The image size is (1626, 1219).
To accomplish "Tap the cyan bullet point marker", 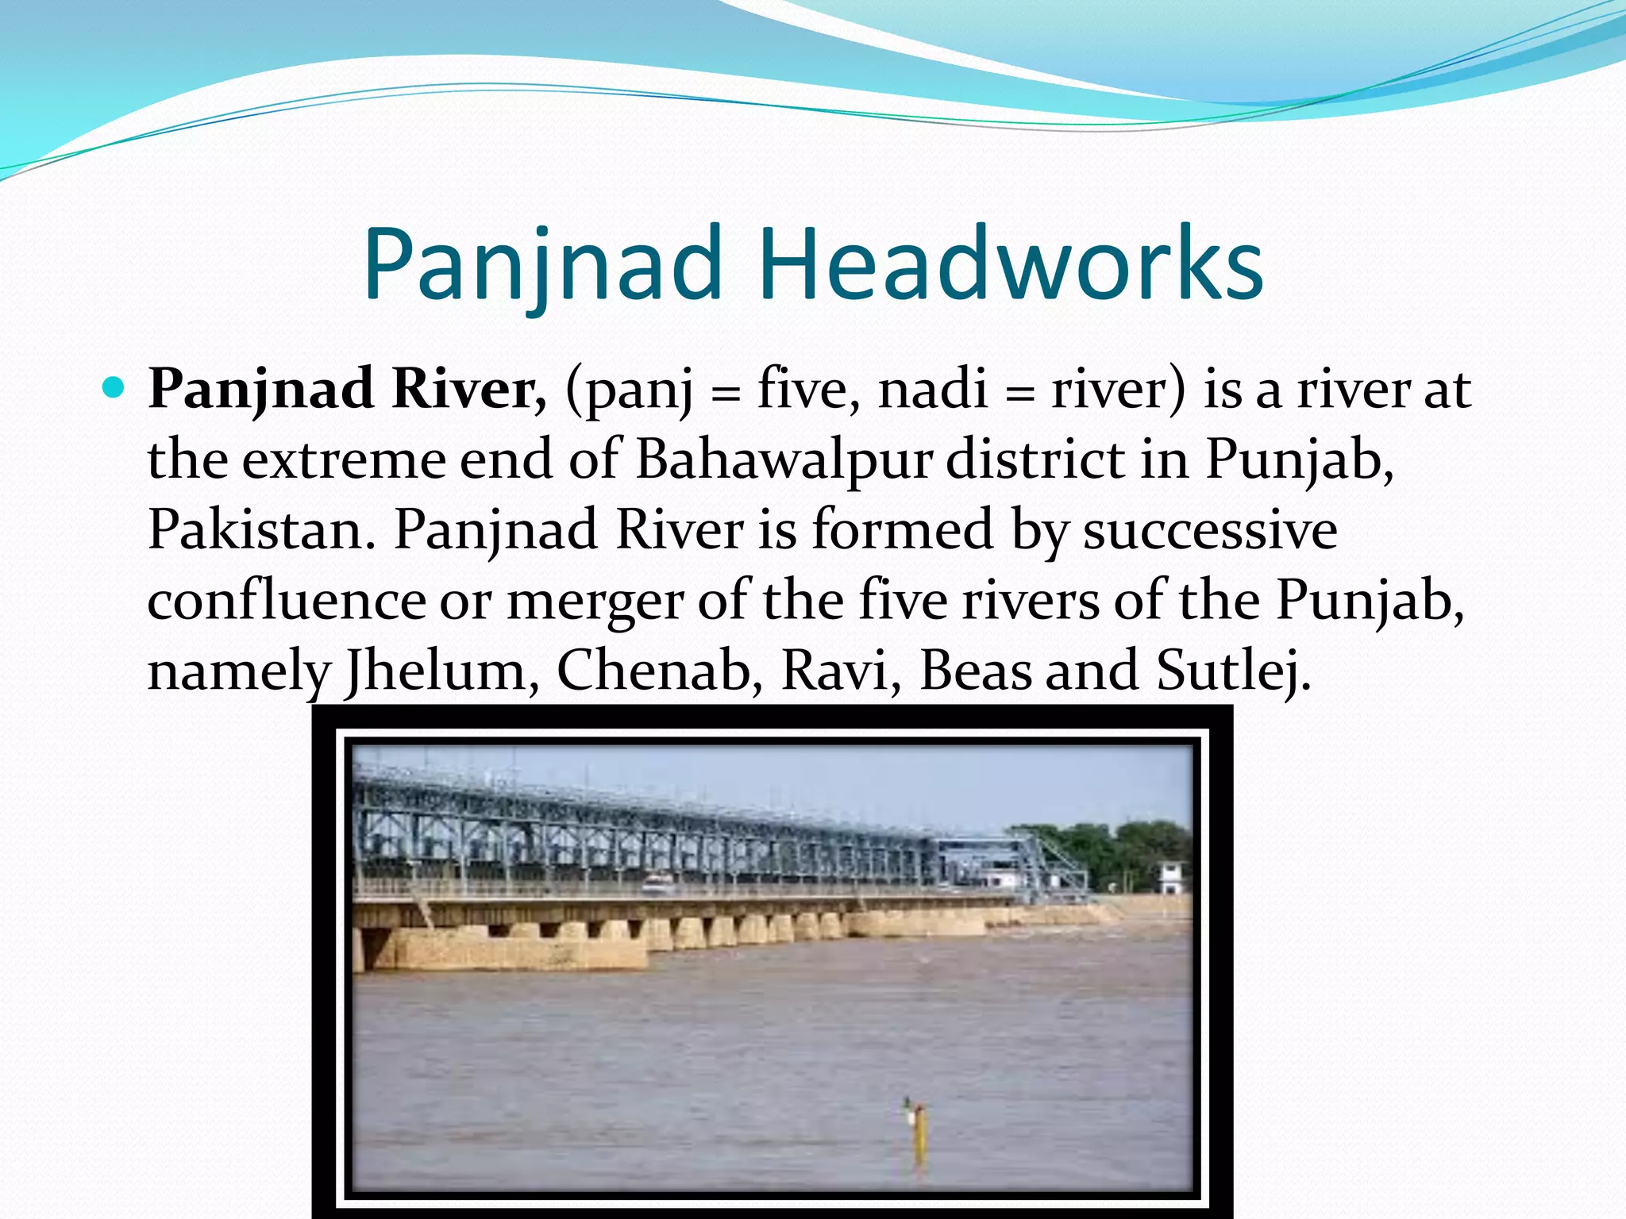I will point(114,388).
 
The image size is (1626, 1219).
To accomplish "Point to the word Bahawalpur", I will point(782,460).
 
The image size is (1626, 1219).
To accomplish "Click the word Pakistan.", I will point(260,529).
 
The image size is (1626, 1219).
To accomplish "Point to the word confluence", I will point(286,601).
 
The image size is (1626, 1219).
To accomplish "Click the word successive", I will point(1210,529).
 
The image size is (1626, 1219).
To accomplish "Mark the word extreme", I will point(344,460).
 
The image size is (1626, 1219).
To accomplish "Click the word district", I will point(1035,460).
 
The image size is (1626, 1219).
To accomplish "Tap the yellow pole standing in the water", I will point(919,1139).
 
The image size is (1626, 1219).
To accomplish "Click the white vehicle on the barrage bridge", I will point(656,882).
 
